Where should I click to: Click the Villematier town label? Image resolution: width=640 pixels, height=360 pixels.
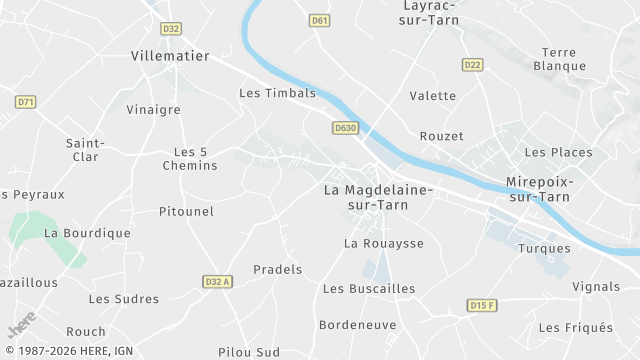click(167, 58)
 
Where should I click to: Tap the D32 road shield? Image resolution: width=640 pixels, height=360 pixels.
click(172, 29)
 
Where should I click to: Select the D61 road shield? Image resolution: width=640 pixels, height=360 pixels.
click(320, 20)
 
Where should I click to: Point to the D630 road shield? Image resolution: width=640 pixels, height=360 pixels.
click(345, 128)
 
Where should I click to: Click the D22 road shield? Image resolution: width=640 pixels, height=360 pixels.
click(473, 65)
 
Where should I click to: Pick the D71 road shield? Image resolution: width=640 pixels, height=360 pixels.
click(26, 101)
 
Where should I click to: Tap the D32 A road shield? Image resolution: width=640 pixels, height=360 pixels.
click(217, 282)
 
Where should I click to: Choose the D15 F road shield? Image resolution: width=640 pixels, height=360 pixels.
click(481, 304)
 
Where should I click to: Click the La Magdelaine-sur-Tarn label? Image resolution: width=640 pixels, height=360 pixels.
click(378, 196)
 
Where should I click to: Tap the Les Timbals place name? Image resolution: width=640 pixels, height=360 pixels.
click(277, 93)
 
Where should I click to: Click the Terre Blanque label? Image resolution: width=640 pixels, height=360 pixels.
click(560, 59)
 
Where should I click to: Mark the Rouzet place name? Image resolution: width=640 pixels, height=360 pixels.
click(442, 136)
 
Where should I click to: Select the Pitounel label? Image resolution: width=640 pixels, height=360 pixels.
click(187, 211)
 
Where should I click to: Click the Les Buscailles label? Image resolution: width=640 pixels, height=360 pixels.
click(369, 288)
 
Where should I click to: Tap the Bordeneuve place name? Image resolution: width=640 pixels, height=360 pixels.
click(357, 325)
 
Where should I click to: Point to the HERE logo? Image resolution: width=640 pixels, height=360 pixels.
click(20, 326)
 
